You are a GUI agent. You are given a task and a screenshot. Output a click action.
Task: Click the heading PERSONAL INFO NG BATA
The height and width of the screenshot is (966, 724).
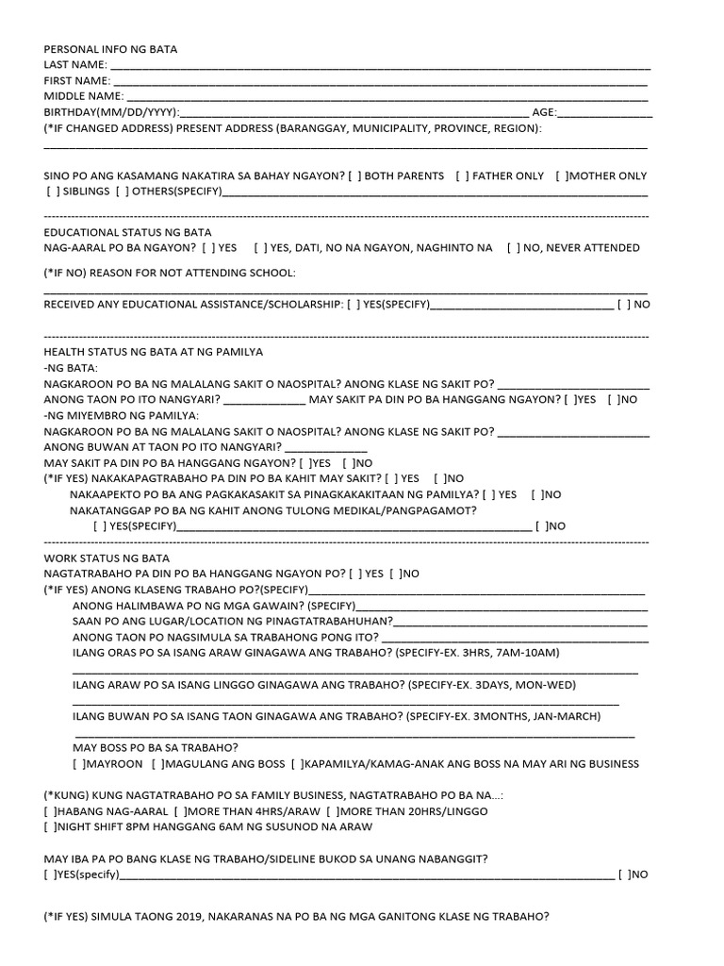pos(110,49)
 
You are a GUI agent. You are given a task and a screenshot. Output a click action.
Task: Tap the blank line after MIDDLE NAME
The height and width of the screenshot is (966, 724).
pos(387,96)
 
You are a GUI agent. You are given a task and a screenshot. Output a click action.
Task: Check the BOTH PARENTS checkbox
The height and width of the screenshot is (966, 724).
pos(355,176)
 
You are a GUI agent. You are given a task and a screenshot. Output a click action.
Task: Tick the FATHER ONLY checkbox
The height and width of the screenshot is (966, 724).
pos(462,176)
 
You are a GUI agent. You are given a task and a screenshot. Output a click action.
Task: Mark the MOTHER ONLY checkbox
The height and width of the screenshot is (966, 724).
pos(562,176)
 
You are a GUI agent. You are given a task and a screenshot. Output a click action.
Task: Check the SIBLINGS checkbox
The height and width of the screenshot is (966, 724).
pos(52,192)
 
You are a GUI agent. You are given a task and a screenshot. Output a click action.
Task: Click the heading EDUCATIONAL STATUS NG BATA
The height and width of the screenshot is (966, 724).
pos(128,232)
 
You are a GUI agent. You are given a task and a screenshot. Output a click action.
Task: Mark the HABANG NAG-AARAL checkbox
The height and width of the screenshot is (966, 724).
pos(50,811)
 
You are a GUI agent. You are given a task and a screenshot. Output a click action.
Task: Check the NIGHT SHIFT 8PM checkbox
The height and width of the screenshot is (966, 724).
pos(50,826)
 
